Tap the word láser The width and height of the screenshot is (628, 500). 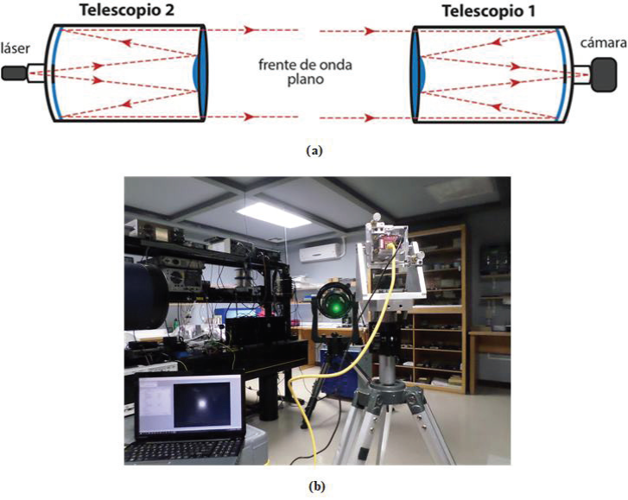tap(18, 49)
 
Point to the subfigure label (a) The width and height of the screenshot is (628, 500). tap(314, 149)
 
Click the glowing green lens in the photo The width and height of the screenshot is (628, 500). tap(333, 305)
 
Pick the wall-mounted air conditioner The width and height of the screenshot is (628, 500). tap(320, 251)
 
